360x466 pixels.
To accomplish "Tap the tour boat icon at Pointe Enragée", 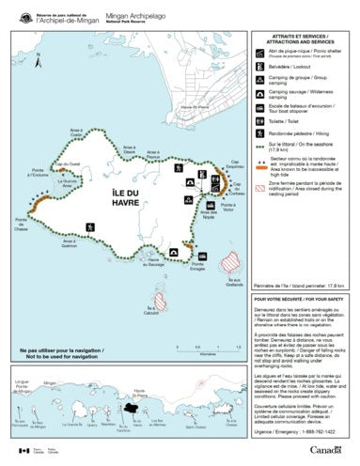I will point(191,247).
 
